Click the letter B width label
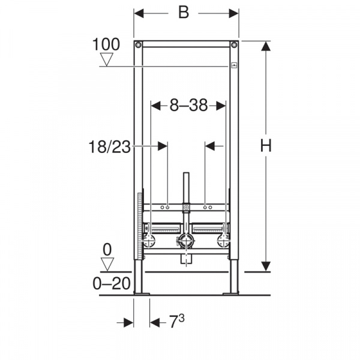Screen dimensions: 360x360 point(184,13)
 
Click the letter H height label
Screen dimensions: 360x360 point(266,145)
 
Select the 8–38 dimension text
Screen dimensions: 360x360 point(188,106)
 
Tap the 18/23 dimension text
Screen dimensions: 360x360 point(110,147)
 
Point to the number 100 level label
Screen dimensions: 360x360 point(106,44)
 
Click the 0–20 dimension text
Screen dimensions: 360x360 point(112,283)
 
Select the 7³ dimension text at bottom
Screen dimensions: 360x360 point(177,321)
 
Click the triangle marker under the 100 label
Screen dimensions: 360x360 point(107,59)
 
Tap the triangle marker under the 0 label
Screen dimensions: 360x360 point(107,264)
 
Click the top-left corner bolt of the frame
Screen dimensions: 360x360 point(138,44)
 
